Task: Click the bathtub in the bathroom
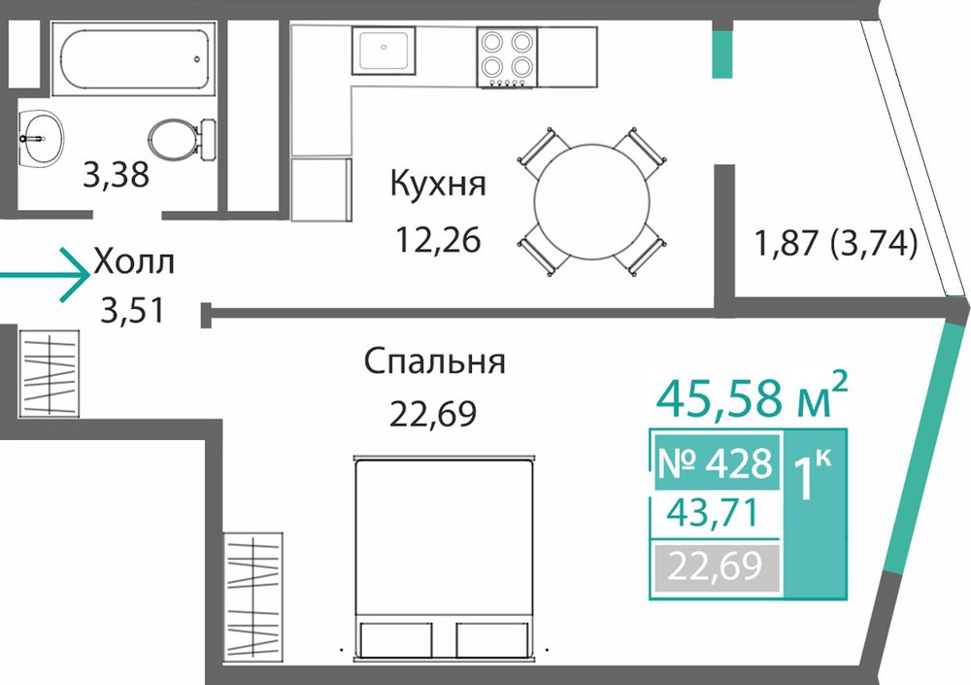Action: [x=134, y=59]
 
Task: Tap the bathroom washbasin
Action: [x=40, y=139]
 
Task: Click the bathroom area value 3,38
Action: [x=116, y=175]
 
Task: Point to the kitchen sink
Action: [x=384, y=51]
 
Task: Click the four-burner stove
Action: [x=507, y=57]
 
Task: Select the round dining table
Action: [x=592, y=202]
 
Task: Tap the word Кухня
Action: [x=438, y=184]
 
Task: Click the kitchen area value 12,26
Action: [x=438, y=240]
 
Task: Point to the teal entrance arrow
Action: [x=45, y=275]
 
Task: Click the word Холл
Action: [x=134, y=262]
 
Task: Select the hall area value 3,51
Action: [x=133, y=311]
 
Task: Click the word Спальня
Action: [x=434, y=361]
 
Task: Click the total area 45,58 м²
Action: [x=752, y=396]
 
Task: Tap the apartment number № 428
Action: [x=716, y=463]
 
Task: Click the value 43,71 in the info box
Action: [x=713, y=513]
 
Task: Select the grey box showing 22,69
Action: [x=716, y=567]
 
